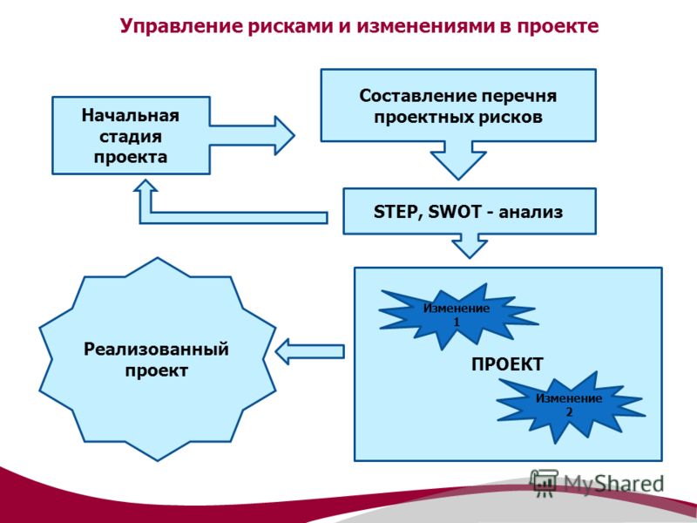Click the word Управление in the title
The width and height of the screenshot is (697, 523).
pos(180,26)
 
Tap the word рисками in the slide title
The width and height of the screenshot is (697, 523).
pos(289,26)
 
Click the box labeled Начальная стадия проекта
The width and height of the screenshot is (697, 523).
pos(132,135)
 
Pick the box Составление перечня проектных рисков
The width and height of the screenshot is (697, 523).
pos(458,105)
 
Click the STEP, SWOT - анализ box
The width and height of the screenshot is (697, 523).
pos(470,211)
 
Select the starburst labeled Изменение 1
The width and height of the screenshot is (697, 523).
pos(457,316)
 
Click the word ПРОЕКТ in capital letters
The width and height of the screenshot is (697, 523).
pos(507,364)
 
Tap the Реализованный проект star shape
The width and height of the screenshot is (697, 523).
pos(158,359)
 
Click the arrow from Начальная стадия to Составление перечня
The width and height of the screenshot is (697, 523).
pos(252,135)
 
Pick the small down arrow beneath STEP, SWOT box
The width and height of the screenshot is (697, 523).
pos(470,246)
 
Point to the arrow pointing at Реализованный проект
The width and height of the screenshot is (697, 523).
pos(310,351)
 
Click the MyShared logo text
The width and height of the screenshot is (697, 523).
pos(614,485)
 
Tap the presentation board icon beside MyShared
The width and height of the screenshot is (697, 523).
pos(544,483)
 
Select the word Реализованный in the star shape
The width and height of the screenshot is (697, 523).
pos(156,350)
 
